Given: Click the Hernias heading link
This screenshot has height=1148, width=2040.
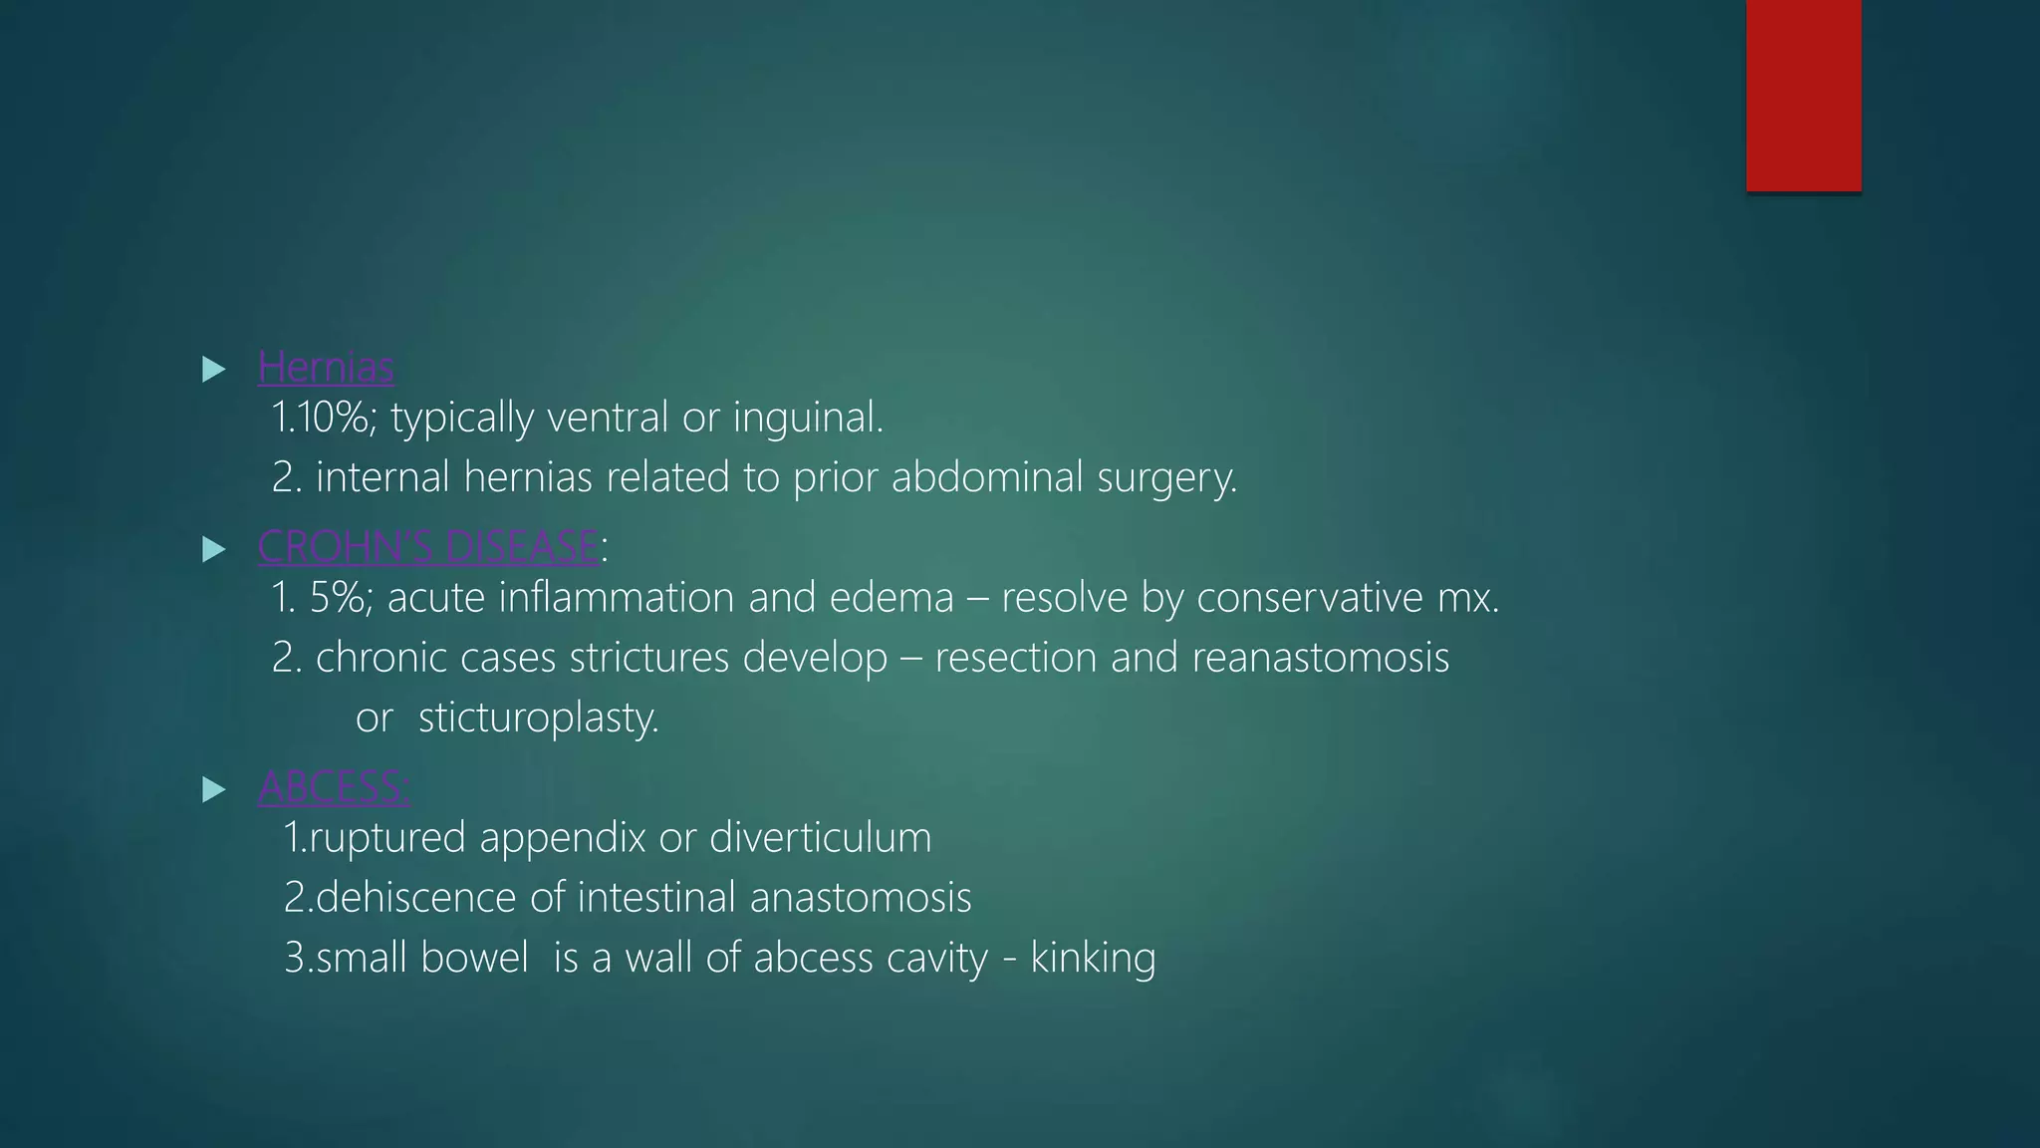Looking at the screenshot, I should click(326, 368).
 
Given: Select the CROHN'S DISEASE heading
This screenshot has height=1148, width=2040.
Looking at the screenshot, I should click(428, 547).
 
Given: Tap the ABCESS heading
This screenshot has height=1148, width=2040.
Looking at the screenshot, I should click(333, 787).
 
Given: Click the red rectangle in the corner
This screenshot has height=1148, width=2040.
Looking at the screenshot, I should click(1803, 95).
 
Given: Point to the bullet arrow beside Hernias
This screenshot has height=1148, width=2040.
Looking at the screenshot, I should click(213, 370).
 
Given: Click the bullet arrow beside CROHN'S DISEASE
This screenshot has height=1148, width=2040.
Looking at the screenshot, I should click(213, 549).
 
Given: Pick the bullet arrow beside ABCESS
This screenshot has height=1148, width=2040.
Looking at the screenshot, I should click(213, 790).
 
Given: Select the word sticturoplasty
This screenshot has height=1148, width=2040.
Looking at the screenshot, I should click(538, 718).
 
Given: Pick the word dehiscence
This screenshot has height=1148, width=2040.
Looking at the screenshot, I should click(415, 898).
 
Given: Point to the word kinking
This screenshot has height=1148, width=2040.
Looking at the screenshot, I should click(1093, 959).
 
